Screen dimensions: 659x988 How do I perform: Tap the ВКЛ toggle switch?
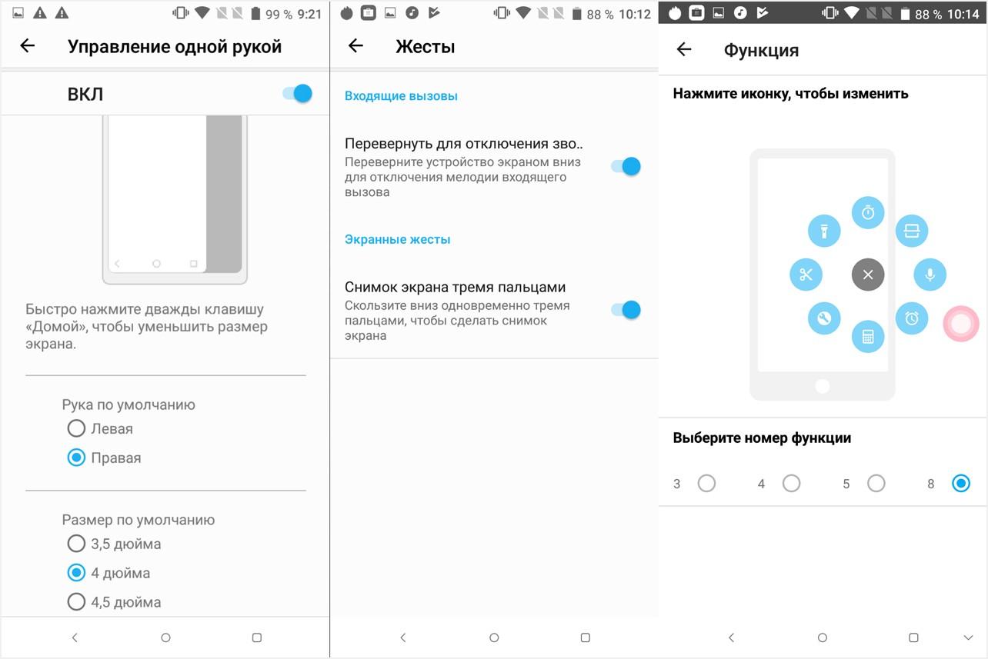coord(298,94)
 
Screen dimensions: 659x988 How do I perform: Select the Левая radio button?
coord(76,428)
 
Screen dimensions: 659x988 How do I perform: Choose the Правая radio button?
coord(76,458)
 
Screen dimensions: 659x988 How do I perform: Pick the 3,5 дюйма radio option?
coord(76,544)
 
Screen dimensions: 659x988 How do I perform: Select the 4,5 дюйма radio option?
coord(76,602)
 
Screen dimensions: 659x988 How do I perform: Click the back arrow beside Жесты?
coord(355,46)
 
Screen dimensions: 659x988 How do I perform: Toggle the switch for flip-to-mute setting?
coord(626,166)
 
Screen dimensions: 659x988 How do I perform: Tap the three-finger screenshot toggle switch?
coord(626,310)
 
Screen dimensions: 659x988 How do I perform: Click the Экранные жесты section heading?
coord(397,239)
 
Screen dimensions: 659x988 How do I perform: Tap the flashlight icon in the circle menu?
coord(824,231)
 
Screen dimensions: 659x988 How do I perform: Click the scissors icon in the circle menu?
coord(806,275)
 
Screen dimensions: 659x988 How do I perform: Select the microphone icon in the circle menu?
coord(930,275)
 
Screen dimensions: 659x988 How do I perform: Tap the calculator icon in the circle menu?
coord(868,336)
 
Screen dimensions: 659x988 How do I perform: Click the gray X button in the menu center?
coord(868,275)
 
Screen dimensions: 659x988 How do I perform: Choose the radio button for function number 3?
coord(706,484)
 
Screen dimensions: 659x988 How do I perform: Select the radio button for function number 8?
coord(960,484)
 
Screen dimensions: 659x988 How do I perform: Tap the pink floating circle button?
coord(961,324)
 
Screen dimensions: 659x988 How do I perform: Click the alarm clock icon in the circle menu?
coord(912,318)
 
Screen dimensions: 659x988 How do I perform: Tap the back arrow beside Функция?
coord(684,50)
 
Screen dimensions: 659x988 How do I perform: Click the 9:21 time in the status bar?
coord(309,14)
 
